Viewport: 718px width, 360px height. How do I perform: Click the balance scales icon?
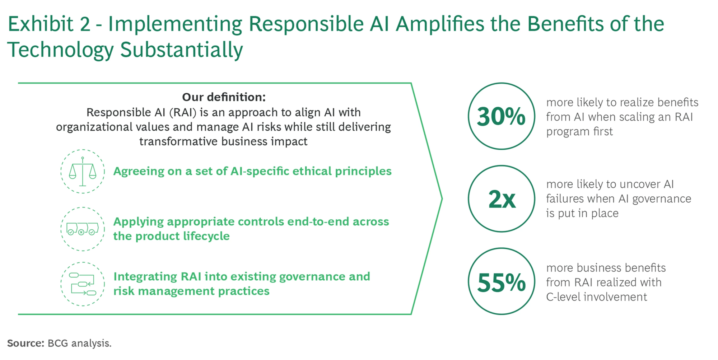tap(83, 172)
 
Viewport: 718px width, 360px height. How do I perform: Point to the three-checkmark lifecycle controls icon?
tap(83, 229)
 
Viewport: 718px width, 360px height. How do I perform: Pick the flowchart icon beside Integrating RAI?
tap(83, 284)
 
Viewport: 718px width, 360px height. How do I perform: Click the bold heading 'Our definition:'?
tap(224, 97)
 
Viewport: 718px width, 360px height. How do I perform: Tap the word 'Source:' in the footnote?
tap(25, 343)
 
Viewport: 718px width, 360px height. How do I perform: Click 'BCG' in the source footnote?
tap(57, 343)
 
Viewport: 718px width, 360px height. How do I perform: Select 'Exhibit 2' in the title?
tap(49, 24)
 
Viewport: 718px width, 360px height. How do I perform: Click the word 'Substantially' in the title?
tap(181, 50)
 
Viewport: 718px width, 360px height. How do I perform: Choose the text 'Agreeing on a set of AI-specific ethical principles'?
tap(252, 171)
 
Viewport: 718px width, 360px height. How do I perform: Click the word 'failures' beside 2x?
tap(563, 198)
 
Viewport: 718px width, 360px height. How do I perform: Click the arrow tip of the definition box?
tap(442, 198)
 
